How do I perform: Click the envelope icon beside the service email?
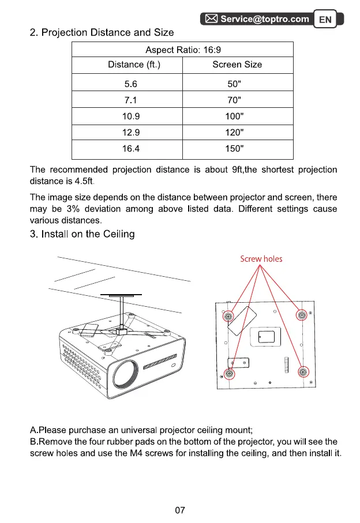click(211, 19)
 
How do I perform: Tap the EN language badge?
click(325, 20)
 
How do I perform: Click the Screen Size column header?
click(237, 65)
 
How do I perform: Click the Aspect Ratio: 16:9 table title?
click(182, 50)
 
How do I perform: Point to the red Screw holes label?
click(261, 259)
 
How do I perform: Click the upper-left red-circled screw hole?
click(228, 317)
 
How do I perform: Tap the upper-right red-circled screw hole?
click(301, 315)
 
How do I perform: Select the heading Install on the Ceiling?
click(82, 234)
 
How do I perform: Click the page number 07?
click(179, 510)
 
